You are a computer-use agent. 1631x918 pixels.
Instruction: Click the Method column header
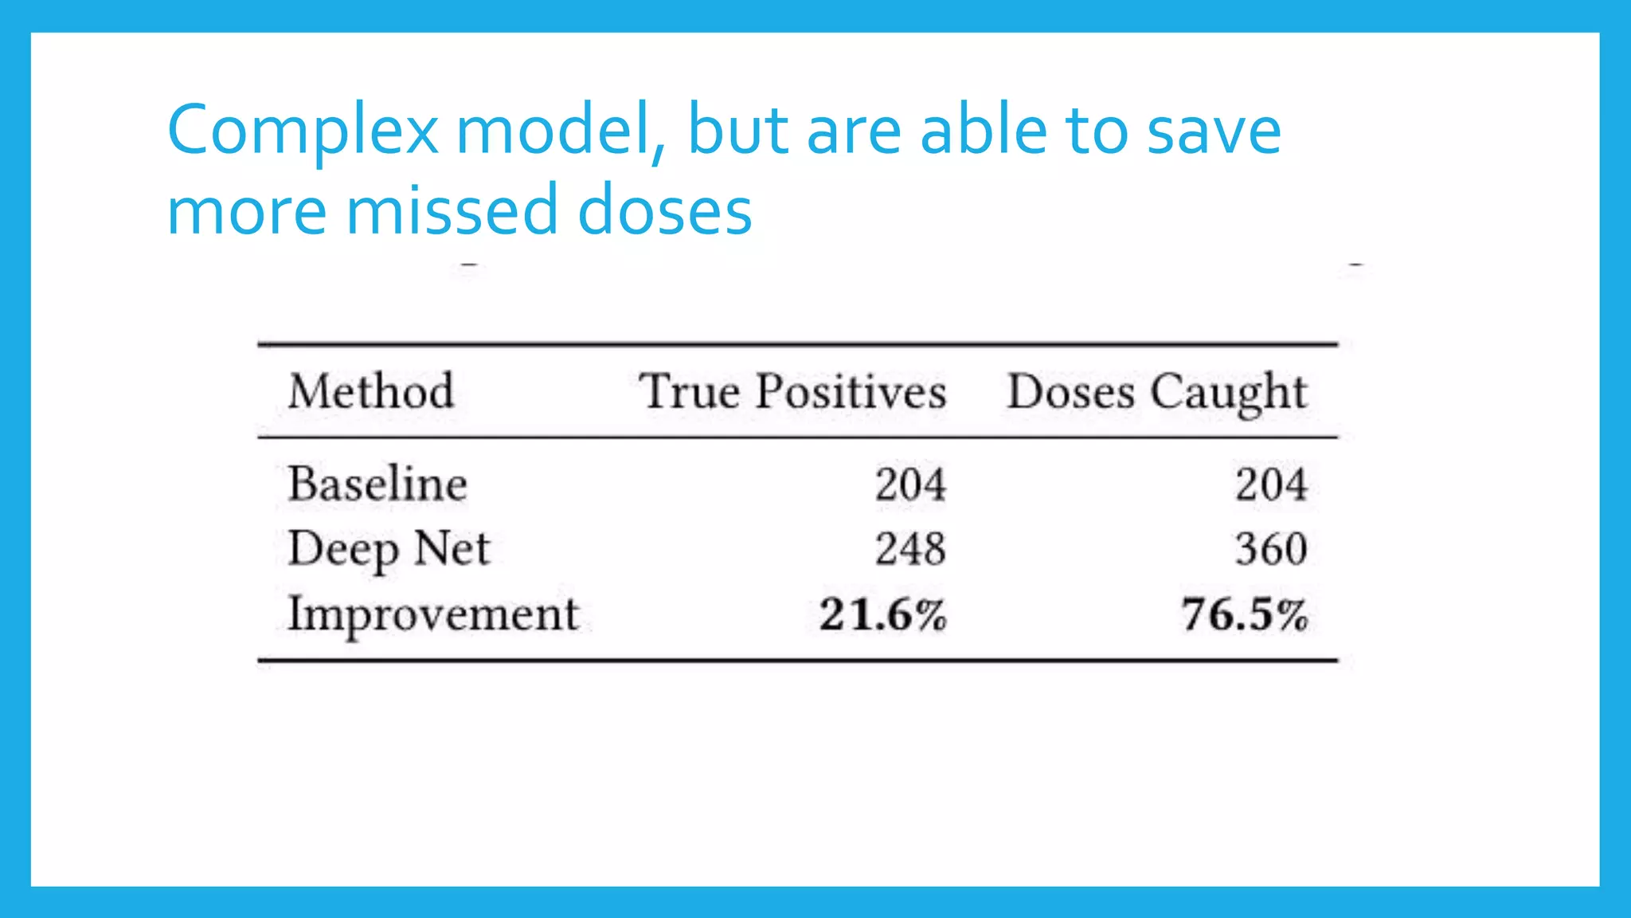371,391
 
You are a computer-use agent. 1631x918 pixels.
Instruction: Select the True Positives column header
792,391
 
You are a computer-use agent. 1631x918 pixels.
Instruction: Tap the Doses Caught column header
1157,391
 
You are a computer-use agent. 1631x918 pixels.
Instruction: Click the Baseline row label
377,484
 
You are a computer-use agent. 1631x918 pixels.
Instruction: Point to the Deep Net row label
389,549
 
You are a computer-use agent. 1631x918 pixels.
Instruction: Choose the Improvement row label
433,614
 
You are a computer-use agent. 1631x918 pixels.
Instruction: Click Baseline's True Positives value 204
910,484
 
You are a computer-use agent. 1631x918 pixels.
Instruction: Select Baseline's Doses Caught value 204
1271,484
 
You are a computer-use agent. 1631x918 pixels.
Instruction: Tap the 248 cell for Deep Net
910,549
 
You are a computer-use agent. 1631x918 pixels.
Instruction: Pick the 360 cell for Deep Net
1271,549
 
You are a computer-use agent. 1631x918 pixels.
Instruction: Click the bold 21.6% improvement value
883,615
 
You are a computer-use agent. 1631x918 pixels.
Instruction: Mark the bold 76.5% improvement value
1244,615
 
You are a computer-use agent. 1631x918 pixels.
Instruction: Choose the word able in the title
983,130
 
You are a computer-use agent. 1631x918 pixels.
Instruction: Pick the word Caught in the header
1229,393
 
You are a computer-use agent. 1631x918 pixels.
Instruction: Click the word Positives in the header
851,391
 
